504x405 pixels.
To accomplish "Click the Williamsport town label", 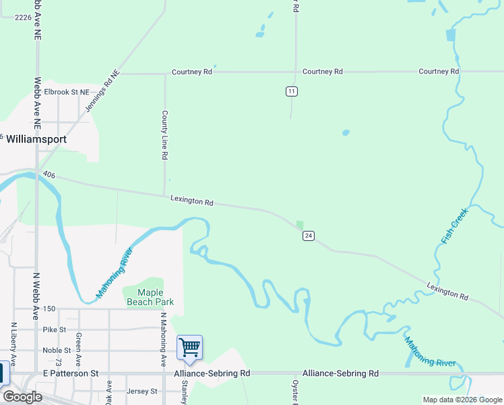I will [37, 139].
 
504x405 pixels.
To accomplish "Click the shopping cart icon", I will [189, 348].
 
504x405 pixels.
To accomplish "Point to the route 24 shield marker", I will [309, 236].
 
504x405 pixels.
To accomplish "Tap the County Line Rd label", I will [164, 135].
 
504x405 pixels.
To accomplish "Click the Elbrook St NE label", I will [67, 92].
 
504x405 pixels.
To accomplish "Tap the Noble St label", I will [57, 350].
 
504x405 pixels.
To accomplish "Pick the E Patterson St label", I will [70, 373].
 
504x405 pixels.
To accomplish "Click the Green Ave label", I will [79, 344].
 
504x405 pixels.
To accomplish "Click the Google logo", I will [22, 397].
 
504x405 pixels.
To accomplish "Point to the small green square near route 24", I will [300, 225].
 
